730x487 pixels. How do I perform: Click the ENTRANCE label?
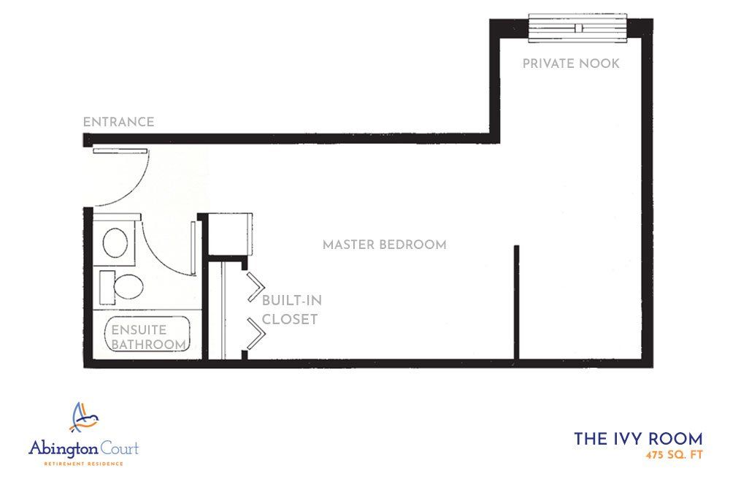point(118,122)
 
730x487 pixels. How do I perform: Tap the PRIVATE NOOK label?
point(571,64)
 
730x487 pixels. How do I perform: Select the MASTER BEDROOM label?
point(384,245)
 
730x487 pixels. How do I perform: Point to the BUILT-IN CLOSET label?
point(291,310)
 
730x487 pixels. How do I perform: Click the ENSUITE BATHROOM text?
point(148,337)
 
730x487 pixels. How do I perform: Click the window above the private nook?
point(577,28)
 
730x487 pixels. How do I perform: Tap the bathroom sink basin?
point(115,242)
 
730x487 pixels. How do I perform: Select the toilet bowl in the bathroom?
point(128,287)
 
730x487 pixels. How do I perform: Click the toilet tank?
point(107,287)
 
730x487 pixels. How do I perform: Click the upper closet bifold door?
point(255,286)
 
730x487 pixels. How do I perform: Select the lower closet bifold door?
point(255,334)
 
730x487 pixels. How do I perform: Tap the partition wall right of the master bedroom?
point(516,302)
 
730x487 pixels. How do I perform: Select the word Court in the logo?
point(120,448)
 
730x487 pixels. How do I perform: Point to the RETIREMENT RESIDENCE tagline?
point(84,464)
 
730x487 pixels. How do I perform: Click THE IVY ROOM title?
point(638,439)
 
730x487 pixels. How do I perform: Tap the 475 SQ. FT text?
point(674,455)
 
